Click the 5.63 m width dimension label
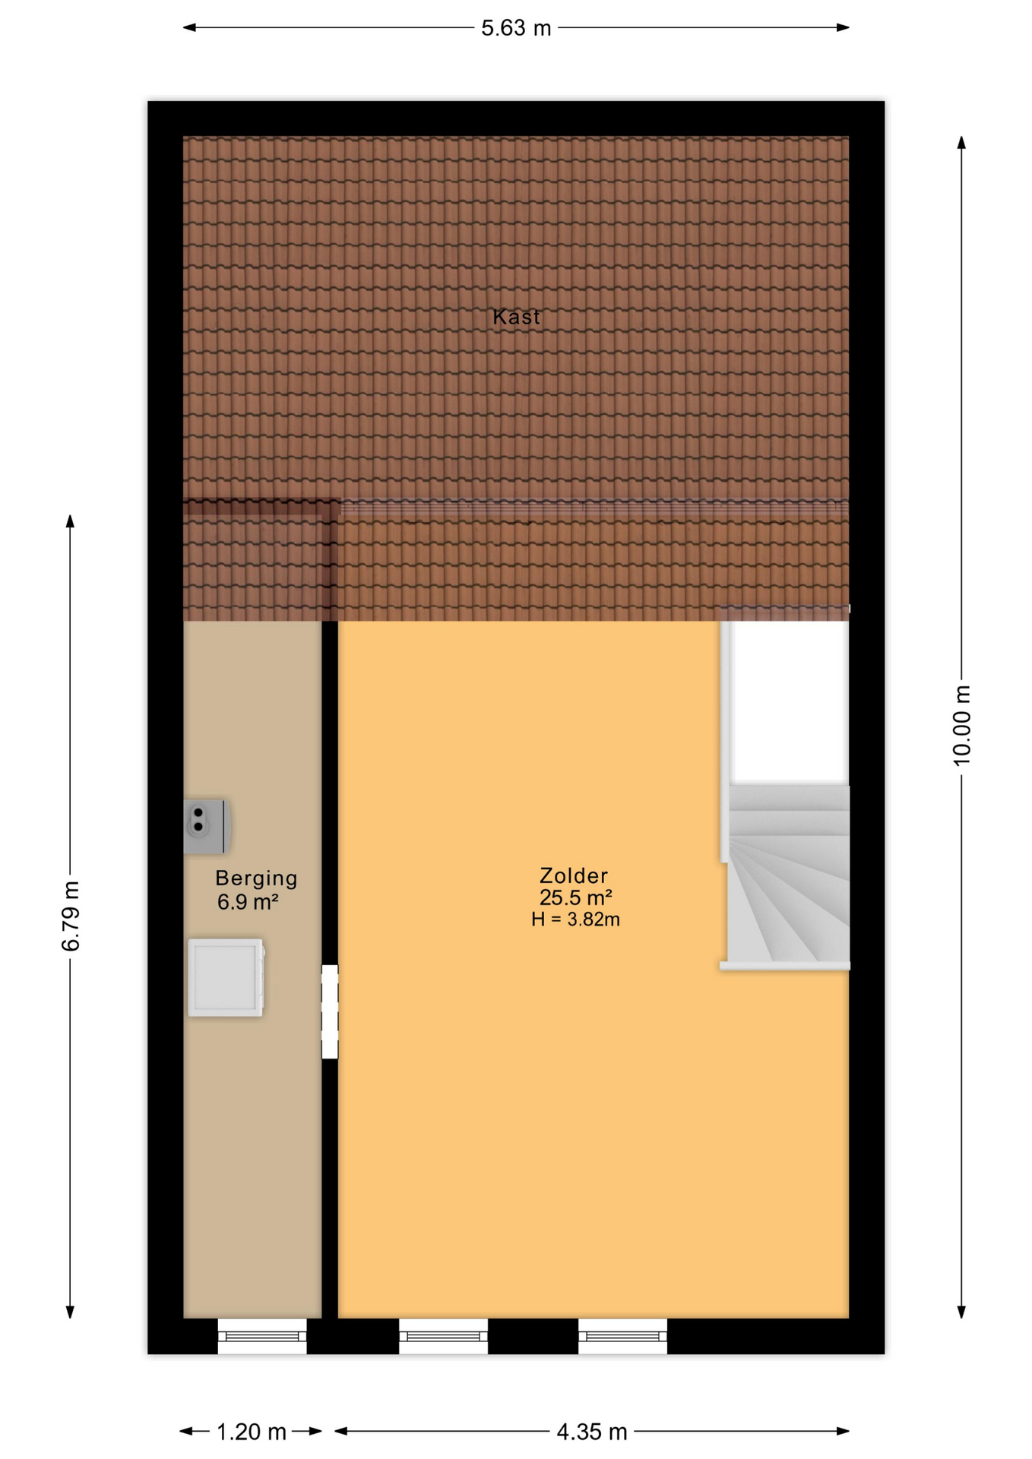pyautogui.click(x=516, y=28)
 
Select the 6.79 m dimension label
pyautogui.click(x=71, y=916)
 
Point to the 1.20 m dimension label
pyautogui.click(x=252, y=1432)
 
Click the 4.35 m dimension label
pyautogui.click(x=592, y=1432)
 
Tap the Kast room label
pyautogui.click(x=517, y=317)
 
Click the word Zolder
pyautogui.click(x=574, y=875)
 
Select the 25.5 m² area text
pyautogui.click(x=576, y=897)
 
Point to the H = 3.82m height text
pyautogui.click(x=575, y=919)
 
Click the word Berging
pyautogui.click(x=256, y=878)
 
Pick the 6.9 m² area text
pyautogui.click(x=248, y=902)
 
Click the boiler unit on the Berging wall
pyautogui.click(x=207, y=826)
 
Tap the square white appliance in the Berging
pyautogui.click(x=226, y=978)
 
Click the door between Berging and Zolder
pyautogui.click(x=330, y=1011)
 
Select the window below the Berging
pyautogui.click(x=262, y=1336)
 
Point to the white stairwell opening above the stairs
pyautogui.click(x=789, y=701)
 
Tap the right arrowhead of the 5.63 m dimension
pyautogui.click(x=843, y=28)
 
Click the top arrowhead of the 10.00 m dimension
pyautogui.click(x=961, y=143)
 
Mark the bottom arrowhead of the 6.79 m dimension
pyautogui.click(x=71, y=1312)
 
